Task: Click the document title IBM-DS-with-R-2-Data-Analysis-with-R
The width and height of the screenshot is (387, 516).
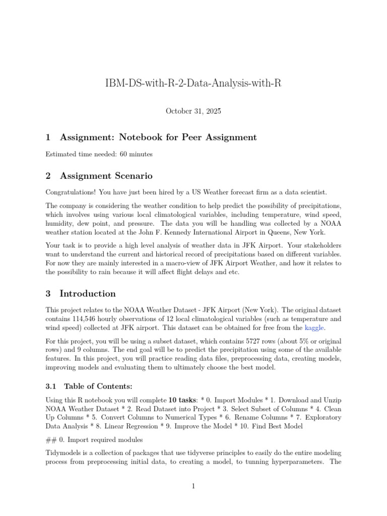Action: [x=193, y=83]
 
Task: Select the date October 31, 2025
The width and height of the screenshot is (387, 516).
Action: [x=193, y=111]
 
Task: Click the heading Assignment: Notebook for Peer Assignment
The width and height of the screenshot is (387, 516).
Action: [x=158, y=137]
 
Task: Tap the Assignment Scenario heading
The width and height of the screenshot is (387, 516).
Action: [x=106, y=176]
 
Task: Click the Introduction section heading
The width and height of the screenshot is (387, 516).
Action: [x=87, y=293]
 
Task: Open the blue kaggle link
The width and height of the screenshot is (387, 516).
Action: [x=315, y=328]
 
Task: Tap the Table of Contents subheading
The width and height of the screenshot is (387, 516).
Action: [x=98, y=386]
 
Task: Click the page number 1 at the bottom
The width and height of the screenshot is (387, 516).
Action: [x=193, y=486]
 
